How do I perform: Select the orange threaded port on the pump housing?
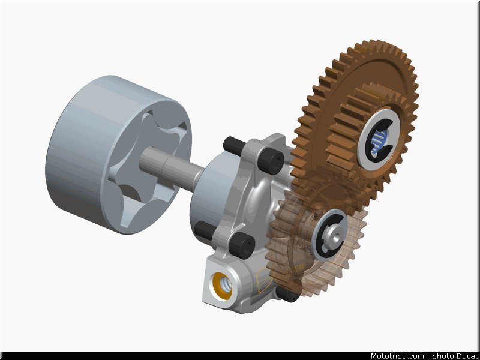(223, 286)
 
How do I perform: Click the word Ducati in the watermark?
(468, 356)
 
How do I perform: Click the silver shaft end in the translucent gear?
(334, 235)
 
